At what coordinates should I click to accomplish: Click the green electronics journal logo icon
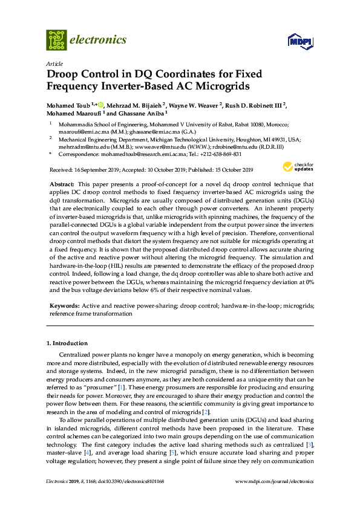tap(56, 40)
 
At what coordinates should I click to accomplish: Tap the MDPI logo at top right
tap(301, 41)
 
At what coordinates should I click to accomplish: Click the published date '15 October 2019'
tap(227, 170)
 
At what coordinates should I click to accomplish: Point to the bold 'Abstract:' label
tap(62, 183)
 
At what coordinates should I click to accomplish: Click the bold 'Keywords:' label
tap(64, 306)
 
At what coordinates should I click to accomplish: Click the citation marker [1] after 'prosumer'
tap(122, 385)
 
